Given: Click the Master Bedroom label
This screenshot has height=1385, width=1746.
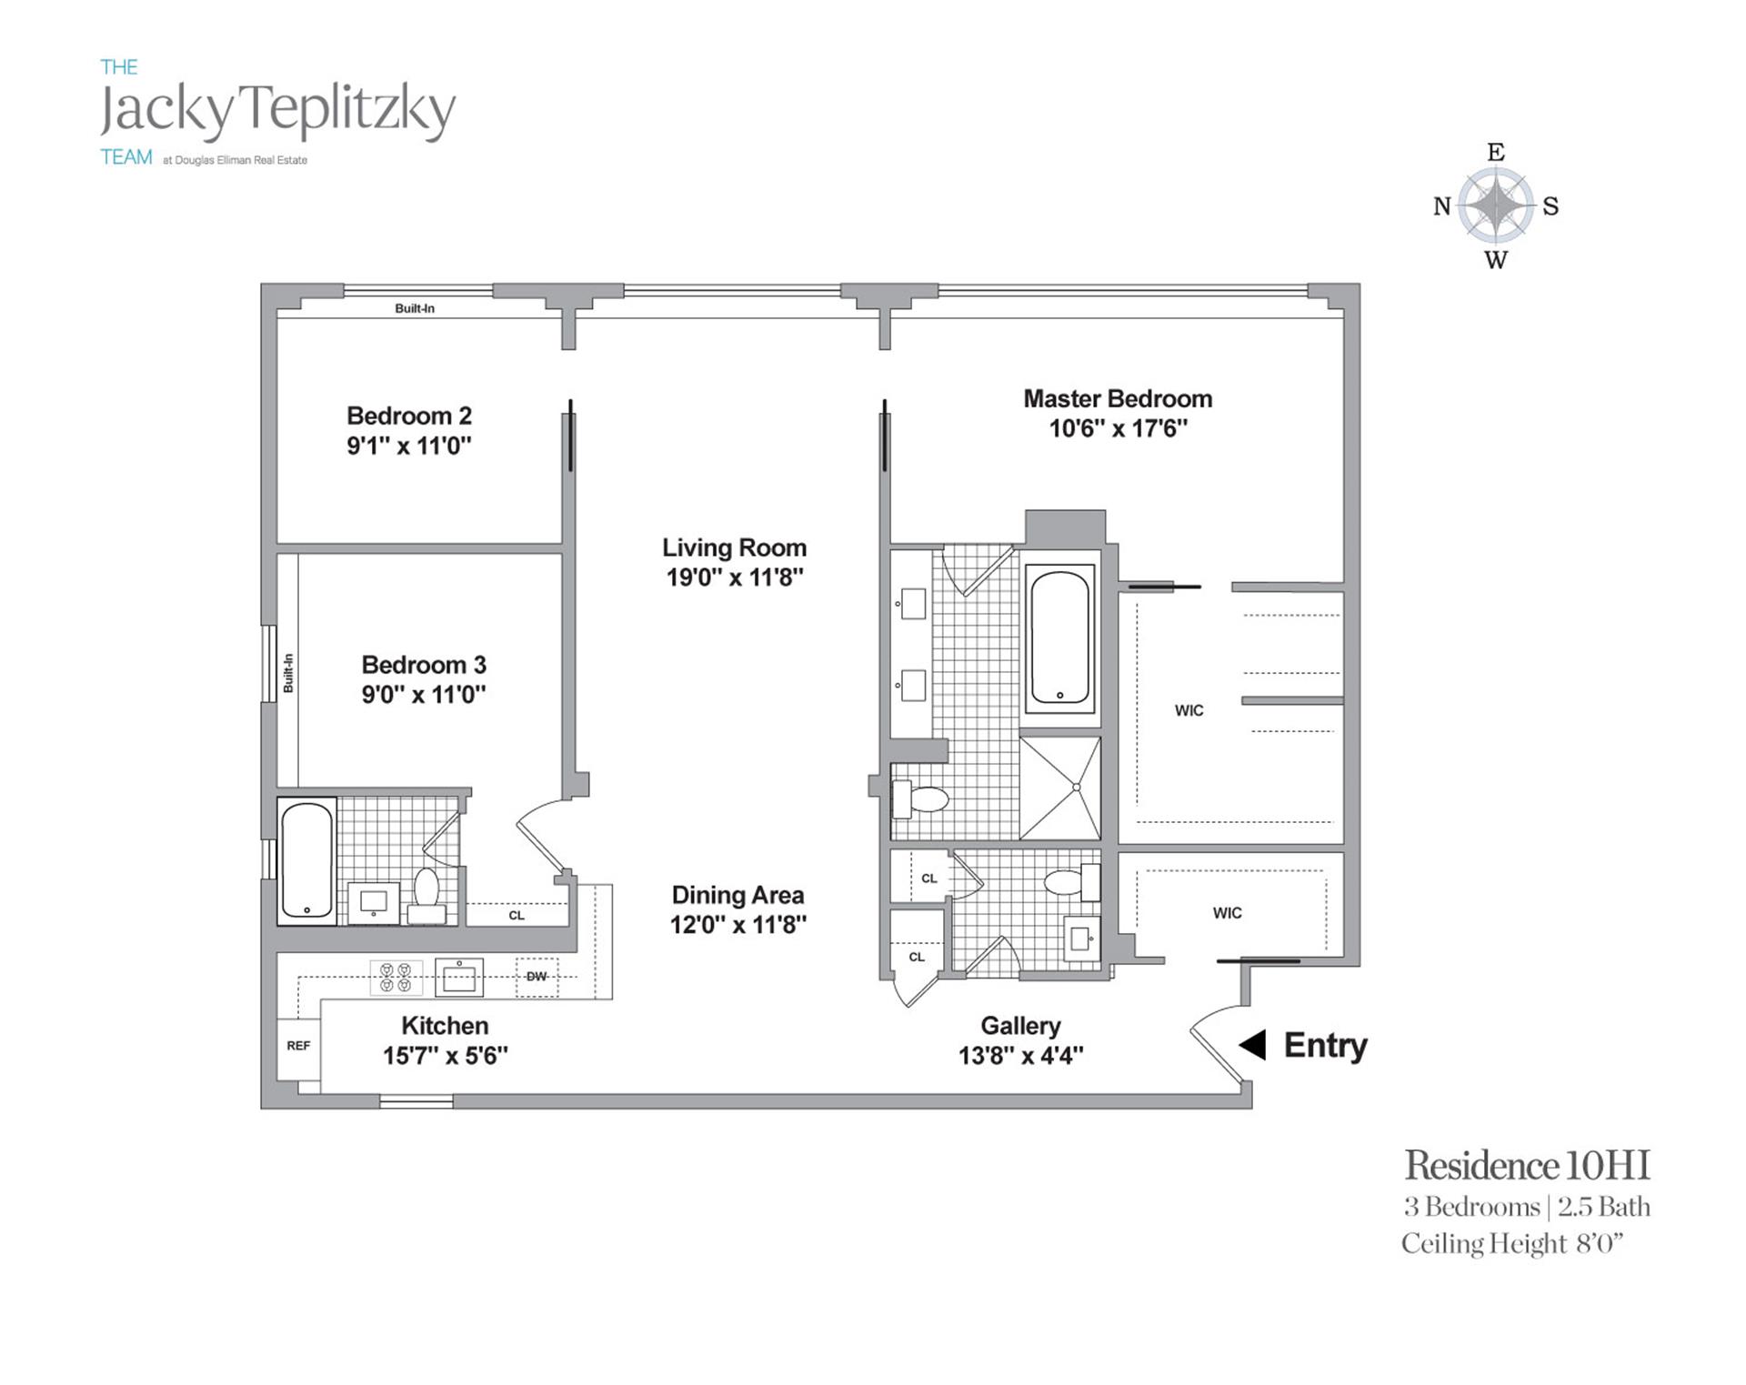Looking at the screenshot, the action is tap(1118, 398).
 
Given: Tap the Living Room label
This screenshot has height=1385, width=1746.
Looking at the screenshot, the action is tap(734, 547).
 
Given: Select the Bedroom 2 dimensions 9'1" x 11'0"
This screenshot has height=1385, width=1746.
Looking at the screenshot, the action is tap(409, 446).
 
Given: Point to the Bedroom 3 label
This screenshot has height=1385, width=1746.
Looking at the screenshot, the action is tap(424, 665).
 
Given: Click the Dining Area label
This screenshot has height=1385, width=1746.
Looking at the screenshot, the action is tap(738, 895).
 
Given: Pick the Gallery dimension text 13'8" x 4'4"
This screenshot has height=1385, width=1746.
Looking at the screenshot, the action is tap(1020, 1055).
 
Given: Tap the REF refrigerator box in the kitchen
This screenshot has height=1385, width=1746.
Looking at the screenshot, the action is tap(298, 1047).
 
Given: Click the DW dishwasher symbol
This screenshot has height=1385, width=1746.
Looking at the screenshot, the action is tap(537, 977).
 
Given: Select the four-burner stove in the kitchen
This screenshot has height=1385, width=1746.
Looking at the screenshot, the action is tap(396, 978).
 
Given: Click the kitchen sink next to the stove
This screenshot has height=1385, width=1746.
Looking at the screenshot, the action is tap(458, 978).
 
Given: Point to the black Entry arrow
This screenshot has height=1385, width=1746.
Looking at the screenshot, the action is tap(1252, 1045).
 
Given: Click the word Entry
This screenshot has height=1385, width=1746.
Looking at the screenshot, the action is tap(1325, 1046).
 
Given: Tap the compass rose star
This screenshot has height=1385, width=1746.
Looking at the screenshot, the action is tap(1496, 206).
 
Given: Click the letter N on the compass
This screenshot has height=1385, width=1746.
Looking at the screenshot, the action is tap(1441, 206).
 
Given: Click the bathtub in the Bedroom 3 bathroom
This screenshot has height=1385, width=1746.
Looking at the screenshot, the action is tap(306, 860).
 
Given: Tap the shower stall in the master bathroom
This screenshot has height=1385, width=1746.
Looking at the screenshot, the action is tap(1060, 788).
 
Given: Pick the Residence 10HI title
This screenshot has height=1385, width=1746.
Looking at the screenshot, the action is tap(1527, 1165).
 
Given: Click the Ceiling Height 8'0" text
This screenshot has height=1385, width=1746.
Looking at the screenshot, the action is tap(1512, 1243).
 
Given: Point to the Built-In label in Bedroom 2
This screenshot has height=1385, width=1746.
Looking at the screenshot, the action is tap(415, 308).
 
